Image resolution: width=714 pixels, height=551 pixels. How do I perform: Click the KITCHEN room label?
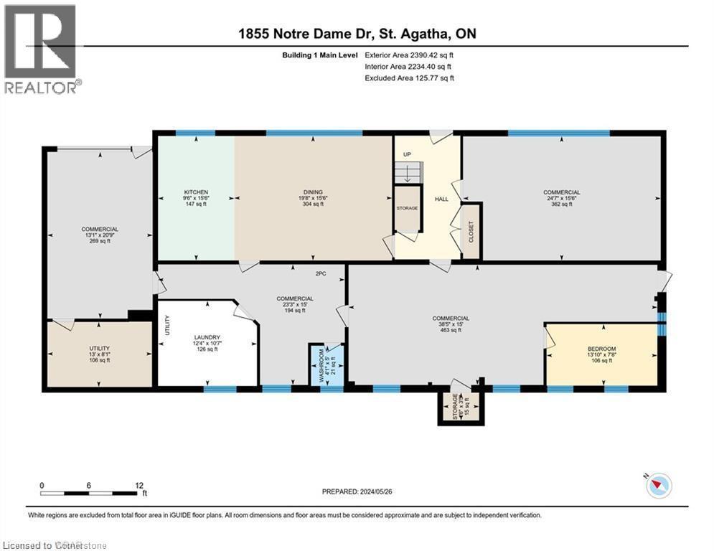point(196,192)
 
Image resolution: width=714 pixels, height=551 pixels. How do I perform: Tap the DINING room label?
point(312,192)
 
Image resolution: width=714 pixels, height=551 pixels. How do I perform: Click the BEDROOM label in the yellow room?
point(601,349)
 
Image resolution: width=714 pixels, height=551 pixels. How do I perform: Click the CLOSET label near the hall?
point(471,232)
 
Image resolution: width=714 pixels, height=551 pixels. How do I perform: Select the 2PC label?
point(320,273)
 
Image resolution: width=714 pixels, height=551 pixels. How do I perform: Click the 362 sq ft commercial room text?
point(561,204)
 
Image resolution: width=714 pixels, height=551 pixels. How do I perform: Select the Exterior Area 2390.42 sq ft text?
point(409,55)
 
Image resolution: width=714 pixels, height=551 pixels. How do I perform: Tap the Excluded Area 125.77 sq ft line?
point(409,77)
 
